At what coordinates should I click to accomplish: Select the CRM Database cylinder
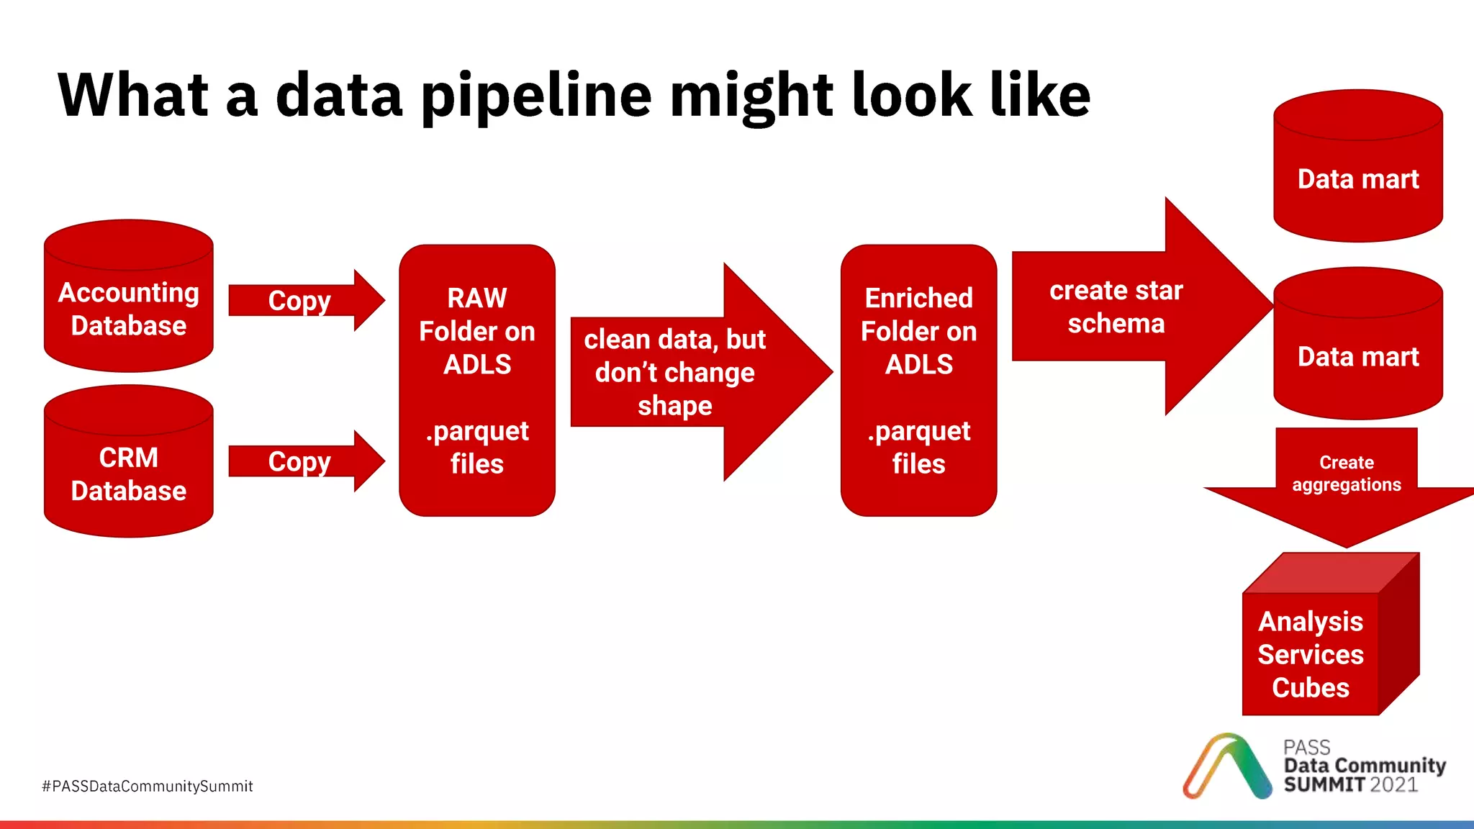(x=128, y=474)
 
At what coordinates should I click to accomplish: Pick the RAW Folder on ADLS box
(x=476, y=380)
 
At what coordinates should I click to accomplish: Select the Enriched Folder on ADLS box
(x=918, y=380)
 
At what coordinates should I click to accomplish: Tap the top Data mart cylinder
(x=1357, y=178)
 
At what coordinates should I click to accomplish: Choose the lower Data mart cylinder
(x=1357, y=356)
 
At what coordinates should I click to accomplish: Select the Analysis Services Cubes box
(x=1311, y=653)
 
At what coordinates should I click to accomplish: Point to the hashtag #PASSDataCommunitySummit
(x=148, y=786)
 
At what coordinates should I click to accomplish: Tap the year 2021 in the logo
(x=1394, y=784)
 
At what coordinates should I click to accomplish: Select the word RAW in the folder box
(x=476, y=298)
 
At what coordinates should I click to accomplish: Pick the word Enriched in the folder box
(x=918, y=298)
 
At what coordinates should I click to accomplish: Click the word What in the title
(x=133, y=95)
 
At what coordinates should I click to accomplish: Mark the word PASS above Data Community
(x=1306, y=747)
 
